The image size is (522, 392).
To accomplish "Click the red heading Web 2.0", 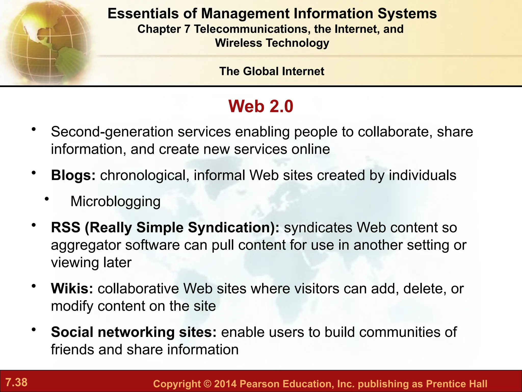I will pos(261,106).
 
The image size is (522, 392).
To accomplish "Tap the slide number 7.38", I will pos(16,382).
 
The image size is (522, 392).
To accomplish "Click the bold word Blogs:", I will pos(73,175).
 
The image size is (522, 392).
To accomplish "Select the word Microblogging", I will pos(115,201).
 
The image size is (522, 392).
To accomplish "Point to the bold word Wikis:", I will pos(72,289).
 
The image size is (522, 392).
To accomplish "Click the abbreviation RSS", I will pos(66,227).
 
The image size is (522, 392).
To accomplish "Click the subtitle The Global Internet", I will pos(272,71).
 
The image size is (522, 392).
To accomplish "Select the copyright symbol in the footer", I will pos(207,384).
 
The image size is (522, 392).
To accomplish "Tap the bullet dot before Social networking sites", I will pos(33,330).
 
